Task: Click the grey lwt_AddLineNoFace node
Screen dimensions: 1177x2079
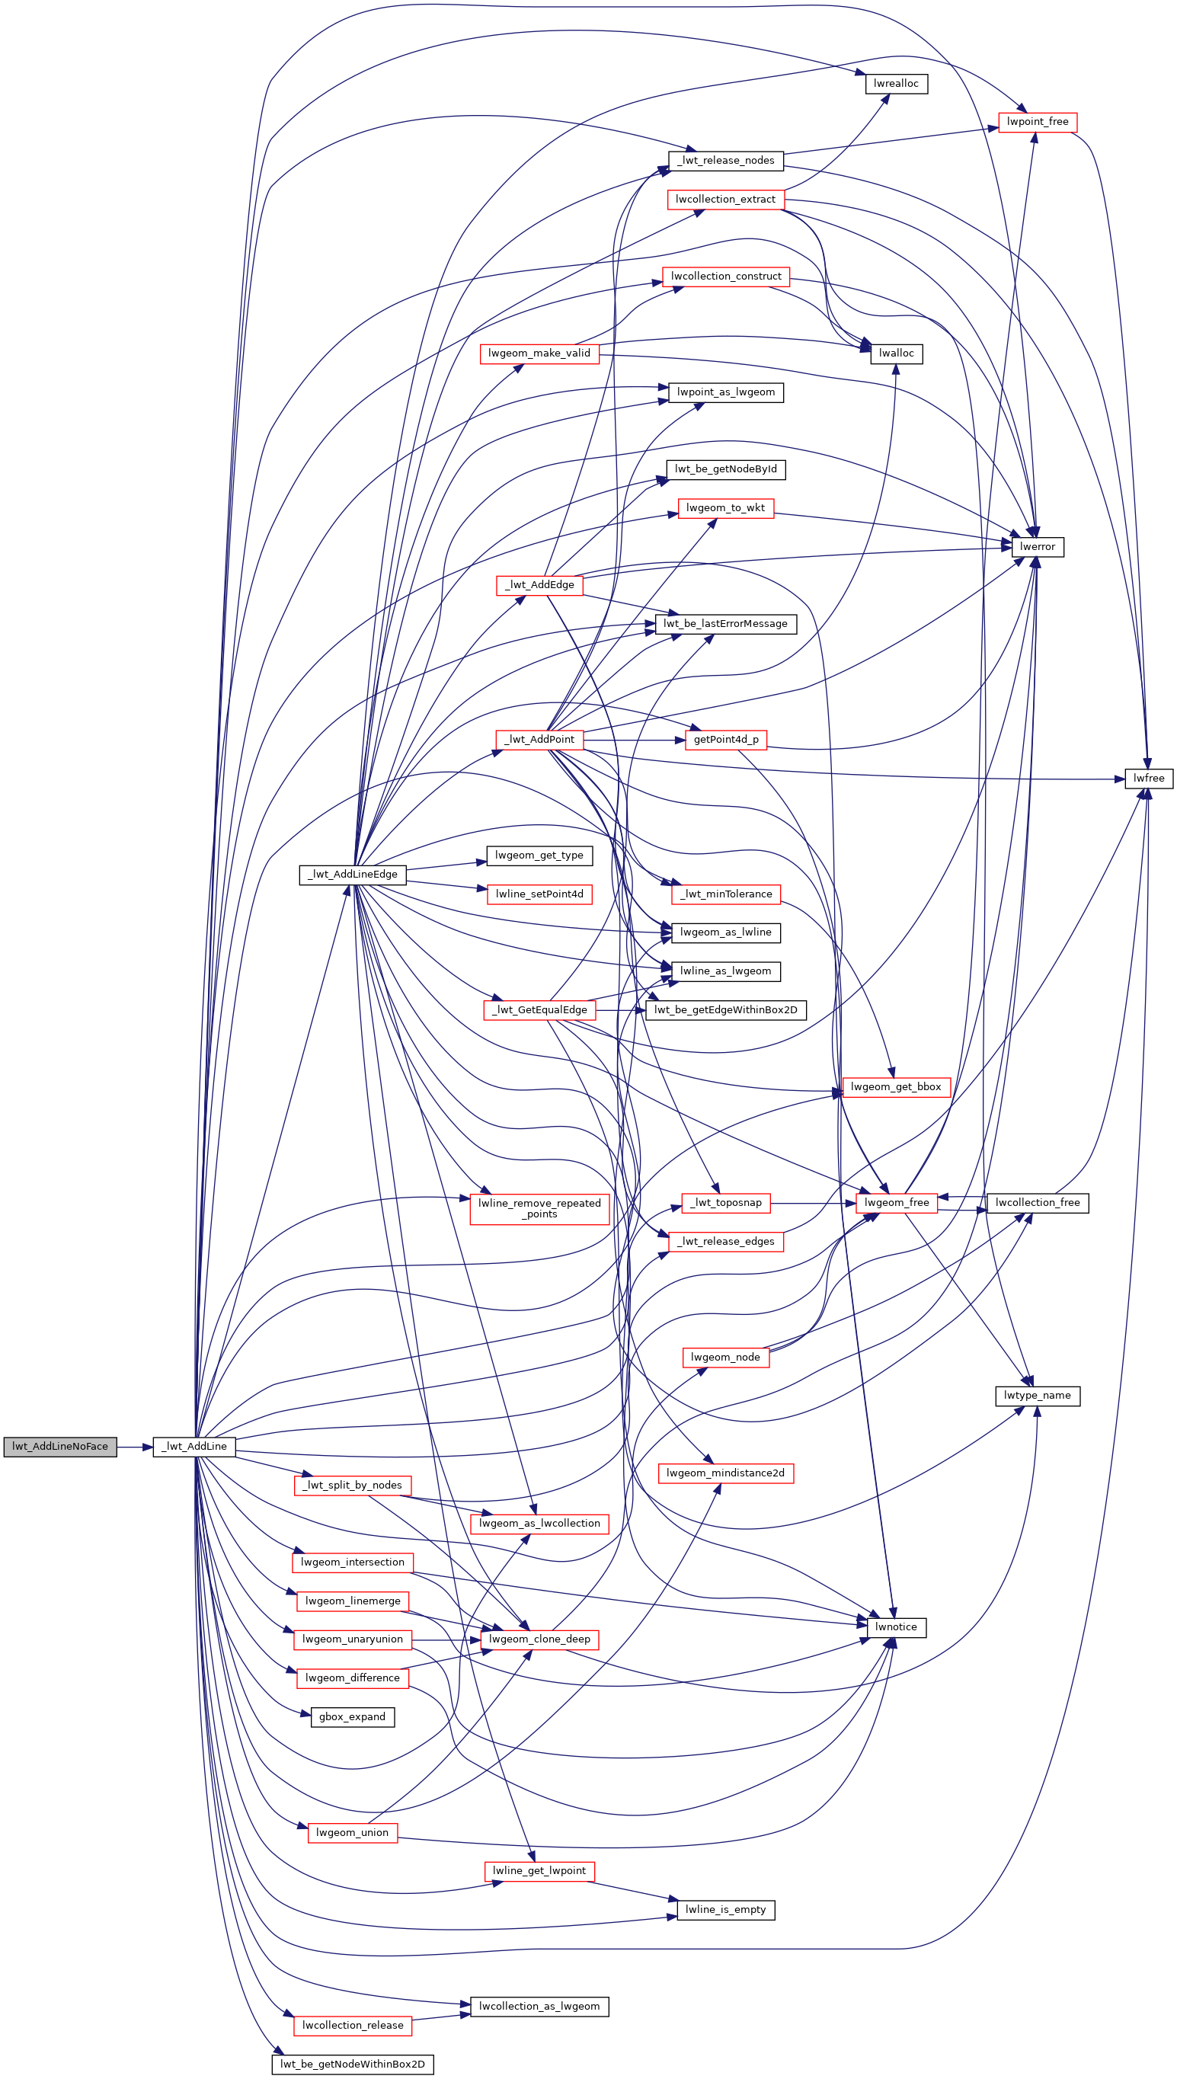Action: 60,1446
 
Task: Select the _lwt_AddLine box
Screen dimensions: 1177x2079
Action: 194,1446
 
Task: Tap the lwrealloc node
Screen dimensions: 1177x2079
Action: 896,83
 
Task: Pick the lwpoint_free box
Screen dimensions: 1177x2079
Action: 1037,122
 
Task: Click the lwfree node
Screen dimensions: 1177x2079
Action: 1149,779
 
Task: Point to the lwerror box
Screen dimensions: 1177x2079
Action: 1037,546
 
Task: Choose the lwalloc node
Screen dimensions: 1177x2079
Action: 896,353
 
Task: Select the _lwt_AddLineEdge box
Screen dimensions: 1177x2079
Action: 353,875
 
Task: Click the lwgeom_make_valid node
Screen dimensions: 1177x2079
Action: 539,353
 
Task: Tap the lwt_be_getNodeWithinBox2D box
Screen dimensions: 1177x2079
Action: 353,2064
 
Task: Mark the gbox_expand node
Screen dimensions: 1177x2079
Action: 353,1717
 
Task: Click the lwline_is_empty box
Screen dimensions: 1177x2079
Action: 726,1909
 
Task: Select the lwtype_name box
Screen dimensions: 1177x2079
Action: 1037,1395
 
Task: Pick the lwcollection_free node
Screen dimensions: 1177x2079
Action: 1037,1203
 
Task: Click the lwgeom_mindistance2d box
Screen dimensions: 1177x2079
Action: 726,1473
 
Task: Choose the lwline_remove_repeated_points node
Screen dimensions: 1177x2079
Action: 539,1208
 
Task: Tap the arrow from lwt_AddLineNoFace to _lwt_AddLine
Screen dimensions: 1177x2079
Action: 135,1446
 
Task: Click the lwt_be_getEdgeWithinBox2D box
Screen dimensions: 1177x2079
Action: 726,1009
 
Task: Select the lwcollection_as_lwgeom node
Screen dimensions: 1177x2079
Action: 539,2007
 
